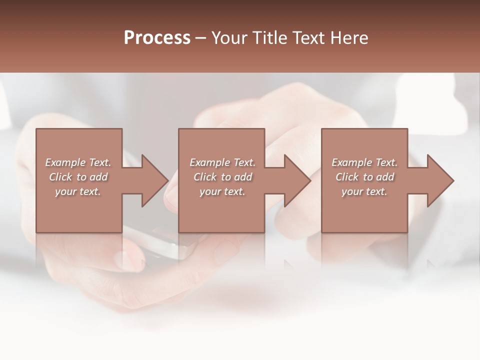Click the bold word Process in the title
point(157,38)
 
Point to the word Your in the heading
point(230,38)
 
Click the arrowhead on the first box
point(155,180)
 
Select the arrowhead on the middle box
point(297,180)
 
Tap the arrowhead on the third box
point(440,180)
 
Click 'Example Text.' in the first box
point(78,162)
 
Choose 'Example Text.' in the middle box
point(222,162)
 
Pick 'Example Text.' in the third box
point(364,162)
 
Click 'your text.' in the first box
point(78,191)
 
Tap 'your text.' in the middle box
point(222,191)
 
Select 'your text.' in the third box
point(364,191)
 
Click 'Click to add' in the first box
point(78,177)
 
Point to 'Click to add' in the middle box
point(222,177)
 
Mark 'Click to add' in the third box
point(364,177)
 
